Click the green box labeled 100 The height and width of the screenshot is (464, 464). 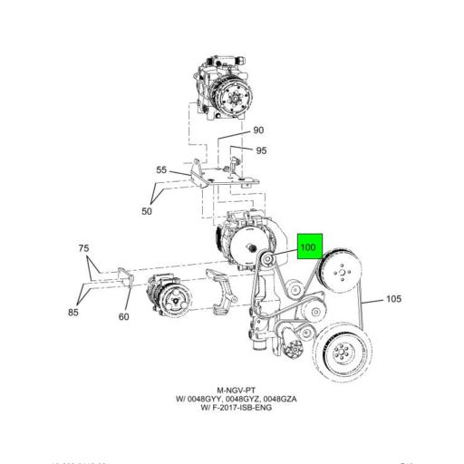coord(308,246)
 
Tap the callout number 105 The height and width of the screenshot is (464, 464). coord(393,299)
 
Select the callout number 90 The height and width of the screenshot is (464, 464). coord(258,130)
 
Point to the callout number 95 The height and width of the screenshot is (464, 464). coord(261,150)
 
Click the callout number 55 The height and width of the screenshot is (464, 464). coord(161,169)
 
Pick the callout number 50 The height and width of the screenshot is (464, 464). coord(148,210)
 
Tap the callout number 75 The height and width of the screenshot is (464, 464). coord(83,248)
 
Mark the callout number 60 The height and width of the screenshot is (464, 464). coord(123,316)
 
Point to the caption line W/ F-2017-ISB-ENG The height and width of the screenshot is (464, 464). coord(231,408)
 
